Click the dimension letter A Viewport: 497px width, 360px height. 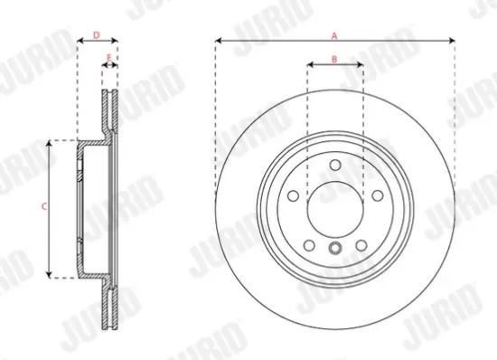coord(334,34)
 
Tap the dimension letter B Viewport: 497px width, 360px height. coord(334,59)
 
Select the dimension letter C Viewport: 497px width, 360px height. coord(44,207)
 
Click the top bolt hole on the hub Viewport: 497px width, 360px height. coord(334,165)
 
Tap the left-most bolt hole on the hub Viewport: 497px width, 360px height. coord(293,194)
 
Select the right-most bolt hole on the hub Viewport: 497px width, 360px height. coord(376,194)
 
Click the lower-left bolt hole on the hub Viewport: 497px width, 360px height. coord(309,244)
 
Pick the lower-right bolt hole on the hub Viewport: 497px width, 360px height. coord(361,244)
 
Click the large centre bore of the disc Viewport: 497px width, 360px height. coord(334,208)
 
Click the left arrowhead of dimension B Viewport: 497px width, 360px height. coord(310,65)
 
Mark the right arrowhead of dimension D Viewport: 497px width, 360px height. coord(117,41)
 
